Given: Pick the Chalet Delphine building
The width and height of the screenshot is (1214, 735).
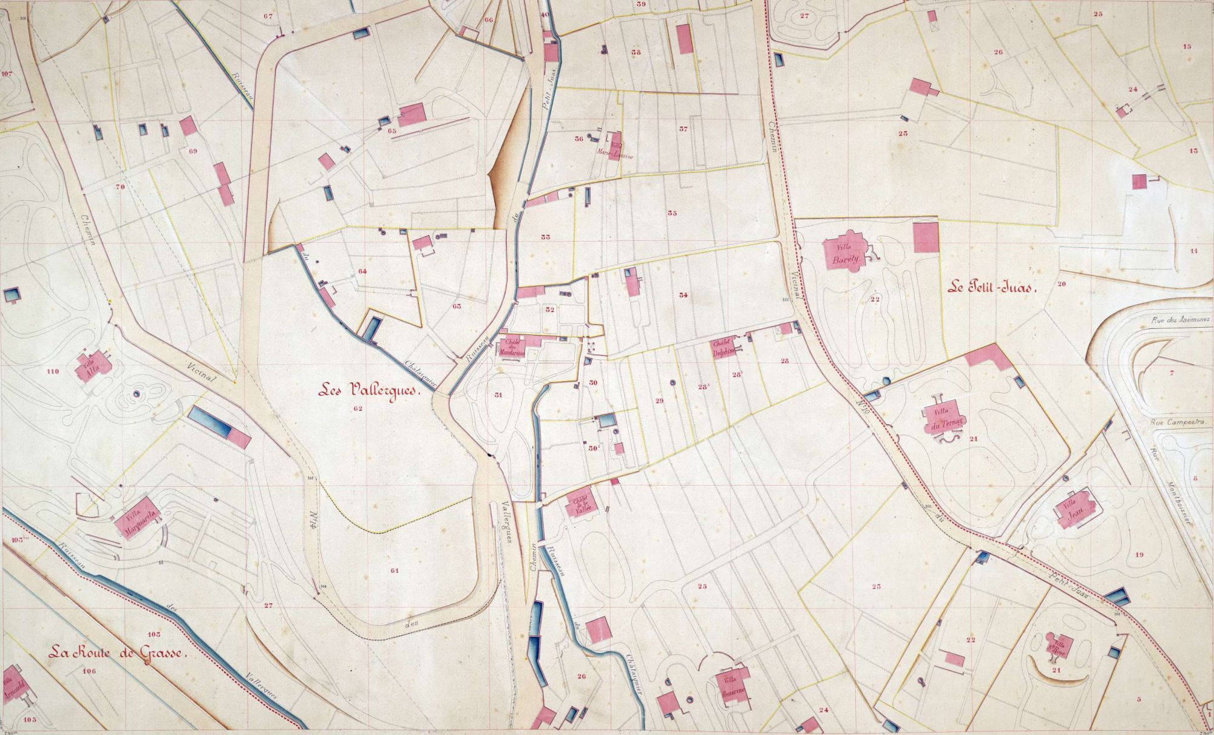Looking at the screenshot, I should (725, 347).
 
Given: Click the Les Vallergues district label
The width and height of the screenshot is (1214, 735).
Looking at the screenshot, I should (368, 391).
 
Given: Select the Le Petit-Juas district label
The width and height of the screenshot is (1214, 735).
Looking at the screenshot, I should (992, 288).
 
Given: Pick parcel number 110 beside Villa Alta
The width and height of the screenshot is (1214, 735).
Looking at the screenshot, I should (52, 371).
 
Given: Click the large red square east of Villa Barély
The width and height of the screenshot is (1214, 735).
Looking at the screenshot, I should (926, 237).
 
